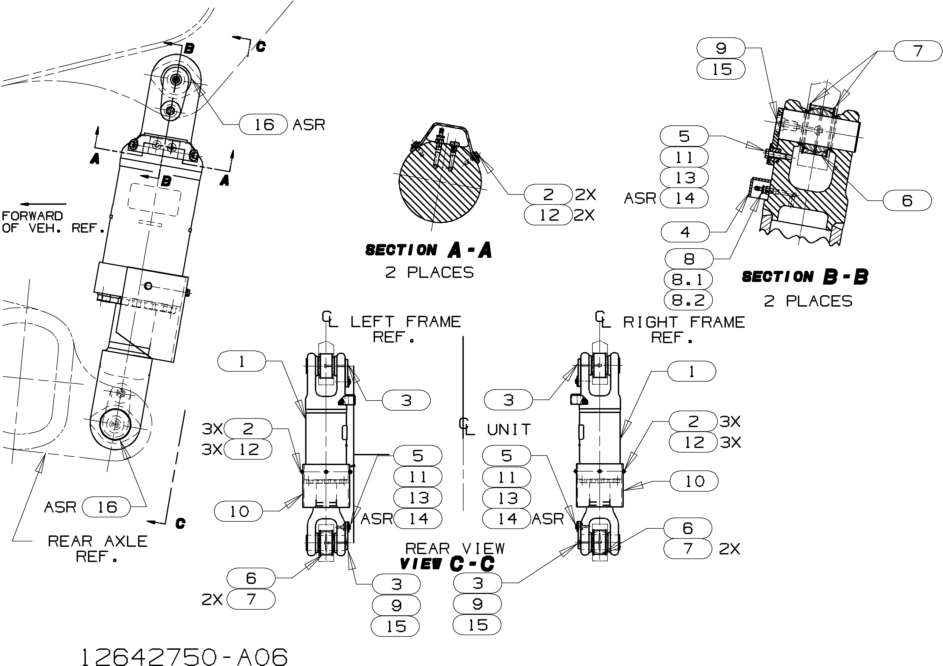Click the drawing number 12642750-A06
coord(185,657)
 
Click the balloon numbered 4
coord(685,232)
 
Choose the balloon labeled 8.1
coord(688,280)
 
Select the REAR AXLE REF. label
coord(98,548)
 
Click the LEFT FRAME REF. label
coord(405,329)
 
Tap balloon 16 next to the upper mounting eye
coord(263,125)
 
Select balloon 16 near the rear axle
coord(106,507)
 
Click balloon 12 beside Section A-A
coord(549,215)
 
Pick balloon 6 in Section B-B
coord(907,200)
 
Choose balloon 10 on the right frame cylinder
coord(694,481)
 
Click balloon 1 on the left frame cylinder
coord(242,361)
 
